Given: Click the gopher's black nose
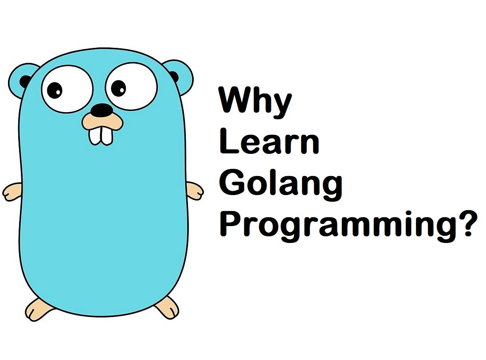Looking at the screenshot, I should [102, 110].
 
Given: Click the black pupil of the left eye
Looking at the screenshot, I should [56, 90].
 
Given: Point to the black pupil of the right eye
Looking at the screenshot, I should [119, 87].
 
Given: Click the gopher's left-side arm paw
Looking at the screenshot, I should [12, 192].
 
